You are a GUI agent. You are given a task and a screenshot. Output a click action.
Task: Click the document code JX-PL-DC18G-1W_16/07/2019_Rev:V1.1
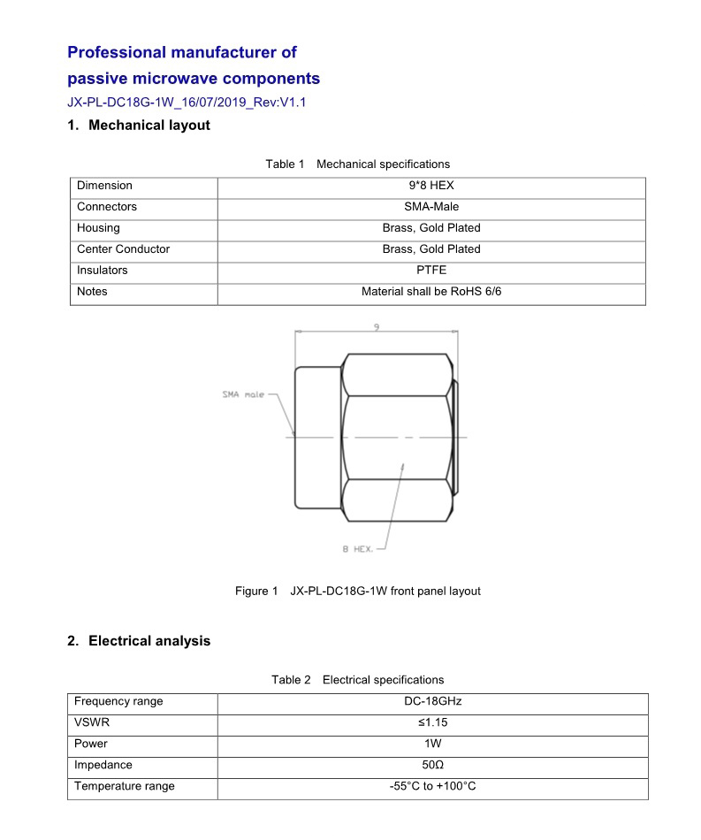pyautogui.click(x=187, y=103)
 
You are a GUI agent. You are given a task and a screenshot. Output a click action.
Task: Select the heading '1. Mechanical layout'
pyautogui.click(x=139, y=126)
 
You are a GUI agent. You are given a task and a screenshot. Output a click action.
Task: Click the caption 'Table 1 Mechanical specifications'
pyautogui.click(x=357, y=164)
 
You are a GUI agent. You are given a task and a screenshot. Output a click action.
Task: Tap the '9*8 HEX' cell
pyautogui.click(x=431, y=186)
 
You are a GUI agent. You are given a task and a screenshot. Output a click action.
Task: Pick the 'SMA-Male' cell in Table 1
pyautogui.click(x=431, y=207)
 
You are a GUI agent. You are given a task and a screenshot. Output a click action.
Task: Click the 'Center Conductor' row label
pyautogui.click(x=123, y=249)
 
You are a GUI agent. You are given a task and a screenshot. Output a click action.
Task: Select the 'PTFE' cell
pyautogui.click(x=431, y=271)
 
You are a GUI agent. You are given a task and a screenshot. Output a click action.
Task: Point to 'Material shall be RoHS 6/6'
pyautogui.click(x=431, y=292)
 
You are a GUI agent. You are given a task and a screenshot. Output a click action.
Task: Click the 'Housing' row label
pyautogui.click(x=98, y=228)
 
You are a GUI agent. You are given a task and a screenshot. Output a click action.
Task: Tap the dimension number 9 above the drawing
pyautogui.click(x=377, y=327)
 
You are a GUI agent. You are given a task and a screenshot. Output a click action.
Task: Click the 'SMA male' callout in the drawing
pyautogui.click(x=243, y=394)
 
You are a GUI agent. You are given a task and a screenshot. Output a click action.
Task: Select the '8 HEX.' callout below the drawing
pyautogui.click(x=358, y=549)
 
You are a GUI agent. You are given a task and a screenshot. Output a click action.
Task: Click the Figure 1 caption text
pyautogui.click(x=357, y=591)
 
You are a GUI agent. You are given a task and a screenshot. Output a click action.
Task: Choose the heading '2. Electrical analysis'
pyautogui.click(x=139, y=641)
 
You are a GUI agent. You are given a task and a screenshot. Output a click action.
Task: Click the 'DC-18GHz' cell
pyautogui.click(x=432, y=701)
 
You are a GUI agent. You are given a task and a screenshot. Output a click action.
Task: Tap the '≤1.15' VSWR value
pyautogui.click(x=432, y=722)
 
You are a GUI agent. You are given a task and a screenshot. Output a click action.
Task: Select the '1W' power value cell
pyautogui.click(x=432, y=744)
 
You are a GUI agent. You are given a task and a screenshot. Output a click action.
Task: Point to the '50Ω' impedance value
pyautogui.click(x=432, y=765)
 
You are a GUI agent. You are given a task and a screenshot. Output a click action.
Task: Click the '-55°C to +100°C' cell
pyautogui.click(x=432, y=786)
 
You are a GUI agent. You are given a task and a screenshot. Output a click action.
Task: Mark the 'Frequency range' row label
pyautogui.click(x=118, y=701)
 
